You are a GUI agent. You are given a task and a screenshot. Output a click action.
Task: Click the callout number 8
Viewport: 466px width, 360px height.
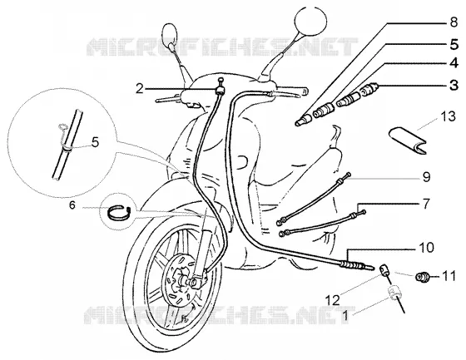pyautogui.click(x=454, y=22)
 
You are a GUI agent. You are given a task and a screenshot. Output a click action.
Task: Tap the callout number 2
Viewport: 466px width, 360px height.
pyautogui.click(x=140, y=88)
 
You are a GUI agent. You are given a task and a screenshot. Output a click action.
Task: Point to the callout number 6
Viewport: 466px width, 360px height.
pyautogui.click(x=72, y=205)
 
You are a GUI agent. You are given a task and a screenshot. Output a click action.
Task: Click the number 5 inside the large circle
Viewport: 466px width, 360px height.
pyautogui.click(x=95, y=142)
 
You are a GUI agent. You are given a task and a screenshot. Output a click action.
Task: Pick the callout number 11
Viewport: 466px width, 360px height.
pyautogui.click(x=449, y=276)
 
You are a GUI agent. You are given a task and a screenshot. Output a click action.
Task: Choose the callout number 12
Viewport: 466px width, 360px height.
pyautogui.click(x=333, y=300)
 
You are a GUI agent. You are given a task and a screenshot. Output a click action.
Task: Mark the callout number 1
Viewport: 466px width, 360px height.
pyautogui.click(x=345, y=316)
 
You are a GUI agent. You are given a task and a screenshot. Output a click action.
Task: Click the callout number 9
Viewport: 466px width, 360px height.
pyautogui.click(x=426, y=177)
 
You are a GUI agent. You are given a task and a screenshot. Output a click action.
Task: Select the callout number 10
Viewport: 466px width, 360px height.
pyautogui.click(x=427, y=248)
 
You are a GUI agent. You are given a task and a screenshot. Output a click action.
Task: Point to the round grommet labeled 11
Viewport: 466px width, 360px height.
pyautogui.click(x=422, y=277)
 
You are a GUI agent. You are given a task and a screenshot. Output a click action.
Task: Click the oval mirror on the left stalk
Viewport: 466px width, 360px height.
pyautogui.click(x=170, y=37)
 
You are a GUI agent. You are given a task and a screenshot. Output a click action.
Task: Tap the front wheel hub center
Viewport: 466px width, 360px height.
pyautogui.click(x=184, y=280)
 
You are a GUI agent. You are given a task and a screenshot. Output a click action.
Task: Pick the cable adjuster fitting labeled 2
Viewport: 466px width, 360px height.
pyautogui.click(x=221, y=87)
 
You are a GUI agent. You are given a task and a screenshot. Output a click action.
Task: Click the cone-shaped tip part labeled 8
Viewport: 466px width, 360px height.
pyautogui.click(x=304, y=121)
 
